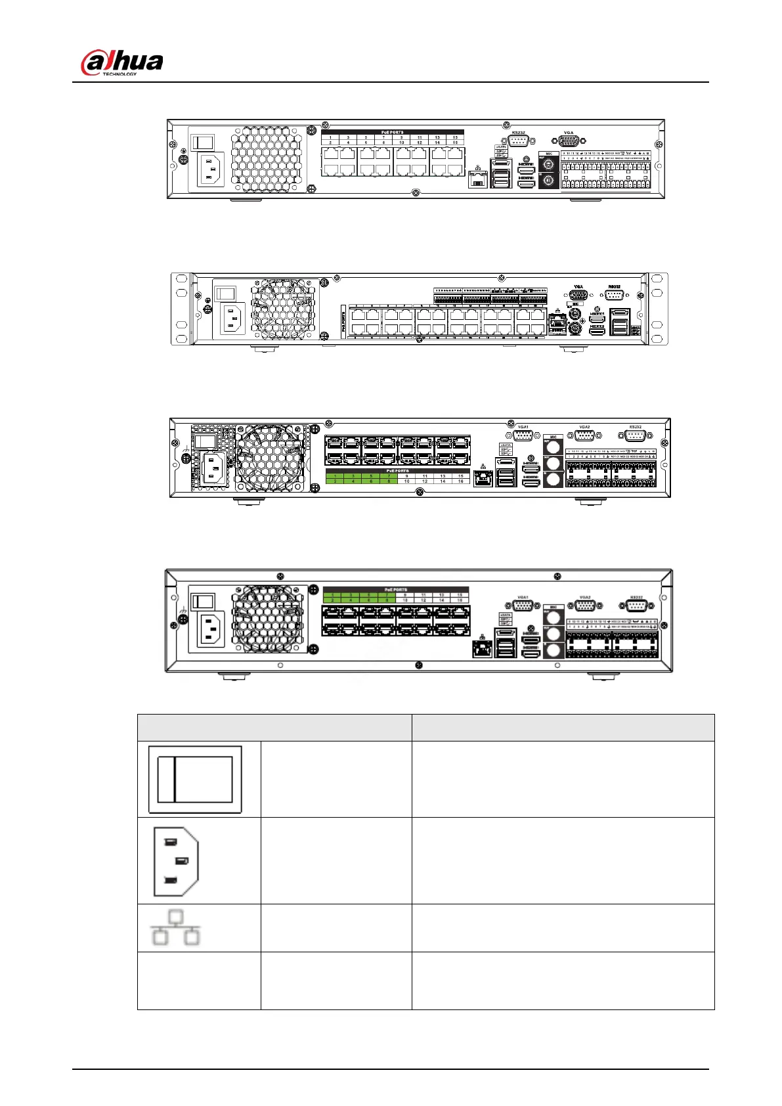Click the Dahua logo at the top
point(122,64)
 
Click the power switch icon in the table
point(195,779)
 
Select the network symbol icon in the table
point(175,927)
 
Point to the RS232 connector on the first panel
point(519,141)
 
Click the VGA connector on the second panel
point(578,295)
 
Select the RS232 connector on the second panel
point(614,295)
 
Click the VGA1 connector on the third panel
point(523,435)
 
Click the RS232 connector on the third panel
point(634,435)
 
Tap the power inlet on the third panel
point(213,468)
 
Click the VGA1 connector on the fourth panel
point(523,606)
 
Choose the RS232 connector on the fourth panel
point(636,606)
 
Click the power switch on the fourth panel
point(202,601)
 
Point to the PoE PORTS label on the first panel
point(393,132)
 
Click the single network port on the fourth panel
point(483,649)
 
